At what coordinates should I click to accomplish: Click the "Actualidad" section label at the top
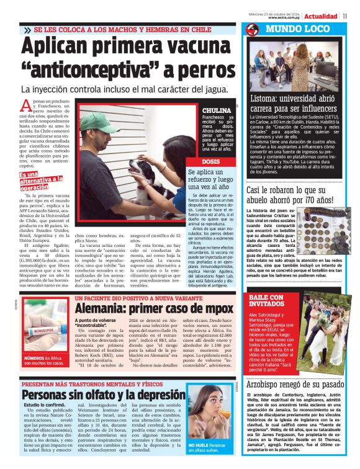click(321, 15)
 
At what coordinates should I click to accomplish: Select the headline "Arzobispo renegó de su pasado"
click(299, 385)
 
